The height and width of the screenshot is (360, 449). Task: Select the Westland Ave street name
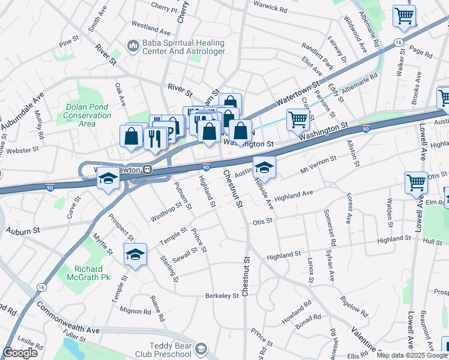point(151,28)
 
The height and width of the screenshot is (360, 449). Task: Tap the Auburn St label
point(23,230)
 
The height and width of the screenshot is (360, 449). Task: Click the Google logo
point(20,353)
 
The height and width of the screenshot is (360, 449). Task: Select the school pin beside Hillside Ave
point(264,168)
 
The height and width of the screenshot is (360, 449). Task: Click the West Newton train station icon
point(146,170)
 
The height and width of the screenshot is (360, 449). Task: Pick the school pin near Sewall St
point(136,255)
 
